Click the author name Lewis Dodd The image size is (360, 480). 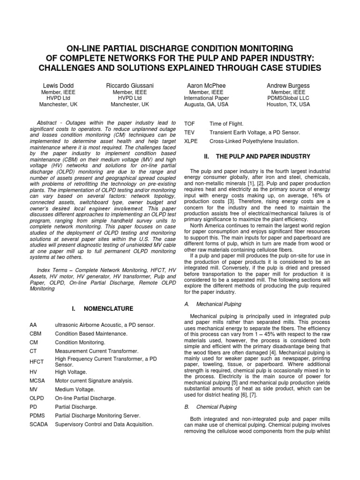[56, 86]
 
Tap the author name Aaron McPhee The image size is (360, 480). [206, 86]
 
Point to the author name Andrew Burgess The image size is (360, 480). [288, 86]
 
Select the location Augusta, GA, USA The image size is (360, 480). [206, 105]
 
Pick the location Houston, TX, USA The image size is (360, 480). [288, 105]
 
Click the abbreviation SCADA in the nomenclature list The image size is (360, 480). [37, 424]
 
